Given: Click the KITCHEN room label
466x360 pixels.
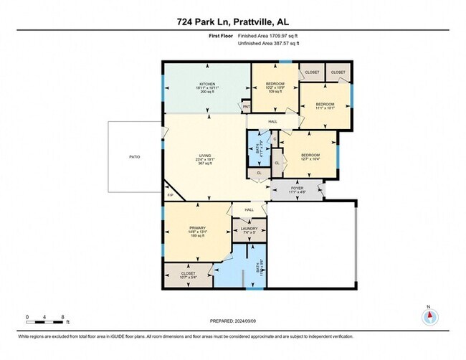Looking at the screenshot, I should coord(207,85).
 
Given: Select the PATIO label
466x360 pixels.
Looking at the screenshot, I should coord(134,156).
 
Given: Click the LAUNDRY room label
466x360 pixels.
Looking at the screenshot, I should coord(249,228).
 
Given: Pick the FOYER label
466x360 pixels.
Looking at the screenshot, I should coord(297,188).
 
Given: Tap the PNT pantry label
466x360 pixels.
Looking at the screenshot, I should coord(245,108).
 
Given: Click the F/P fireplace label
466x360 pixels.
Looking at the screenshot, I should coord(171,195).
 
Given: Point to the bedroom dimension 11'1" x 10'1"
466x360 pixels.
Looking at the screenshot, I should coord(325,108).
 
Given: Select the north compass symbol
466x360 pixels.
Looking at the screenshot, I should coord(429,318).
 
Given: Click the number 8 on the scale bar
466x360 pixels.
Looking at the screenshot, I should coord(63,316).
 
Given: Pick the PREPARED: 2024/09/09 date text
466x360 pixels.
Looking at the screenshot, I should coord(233,321).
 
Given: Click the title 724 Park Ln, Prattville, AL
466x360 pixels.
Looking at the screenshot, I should coord(233,21).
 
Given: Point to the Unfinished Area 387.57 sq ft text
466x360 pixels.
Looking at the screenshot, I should coord(269,44).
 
